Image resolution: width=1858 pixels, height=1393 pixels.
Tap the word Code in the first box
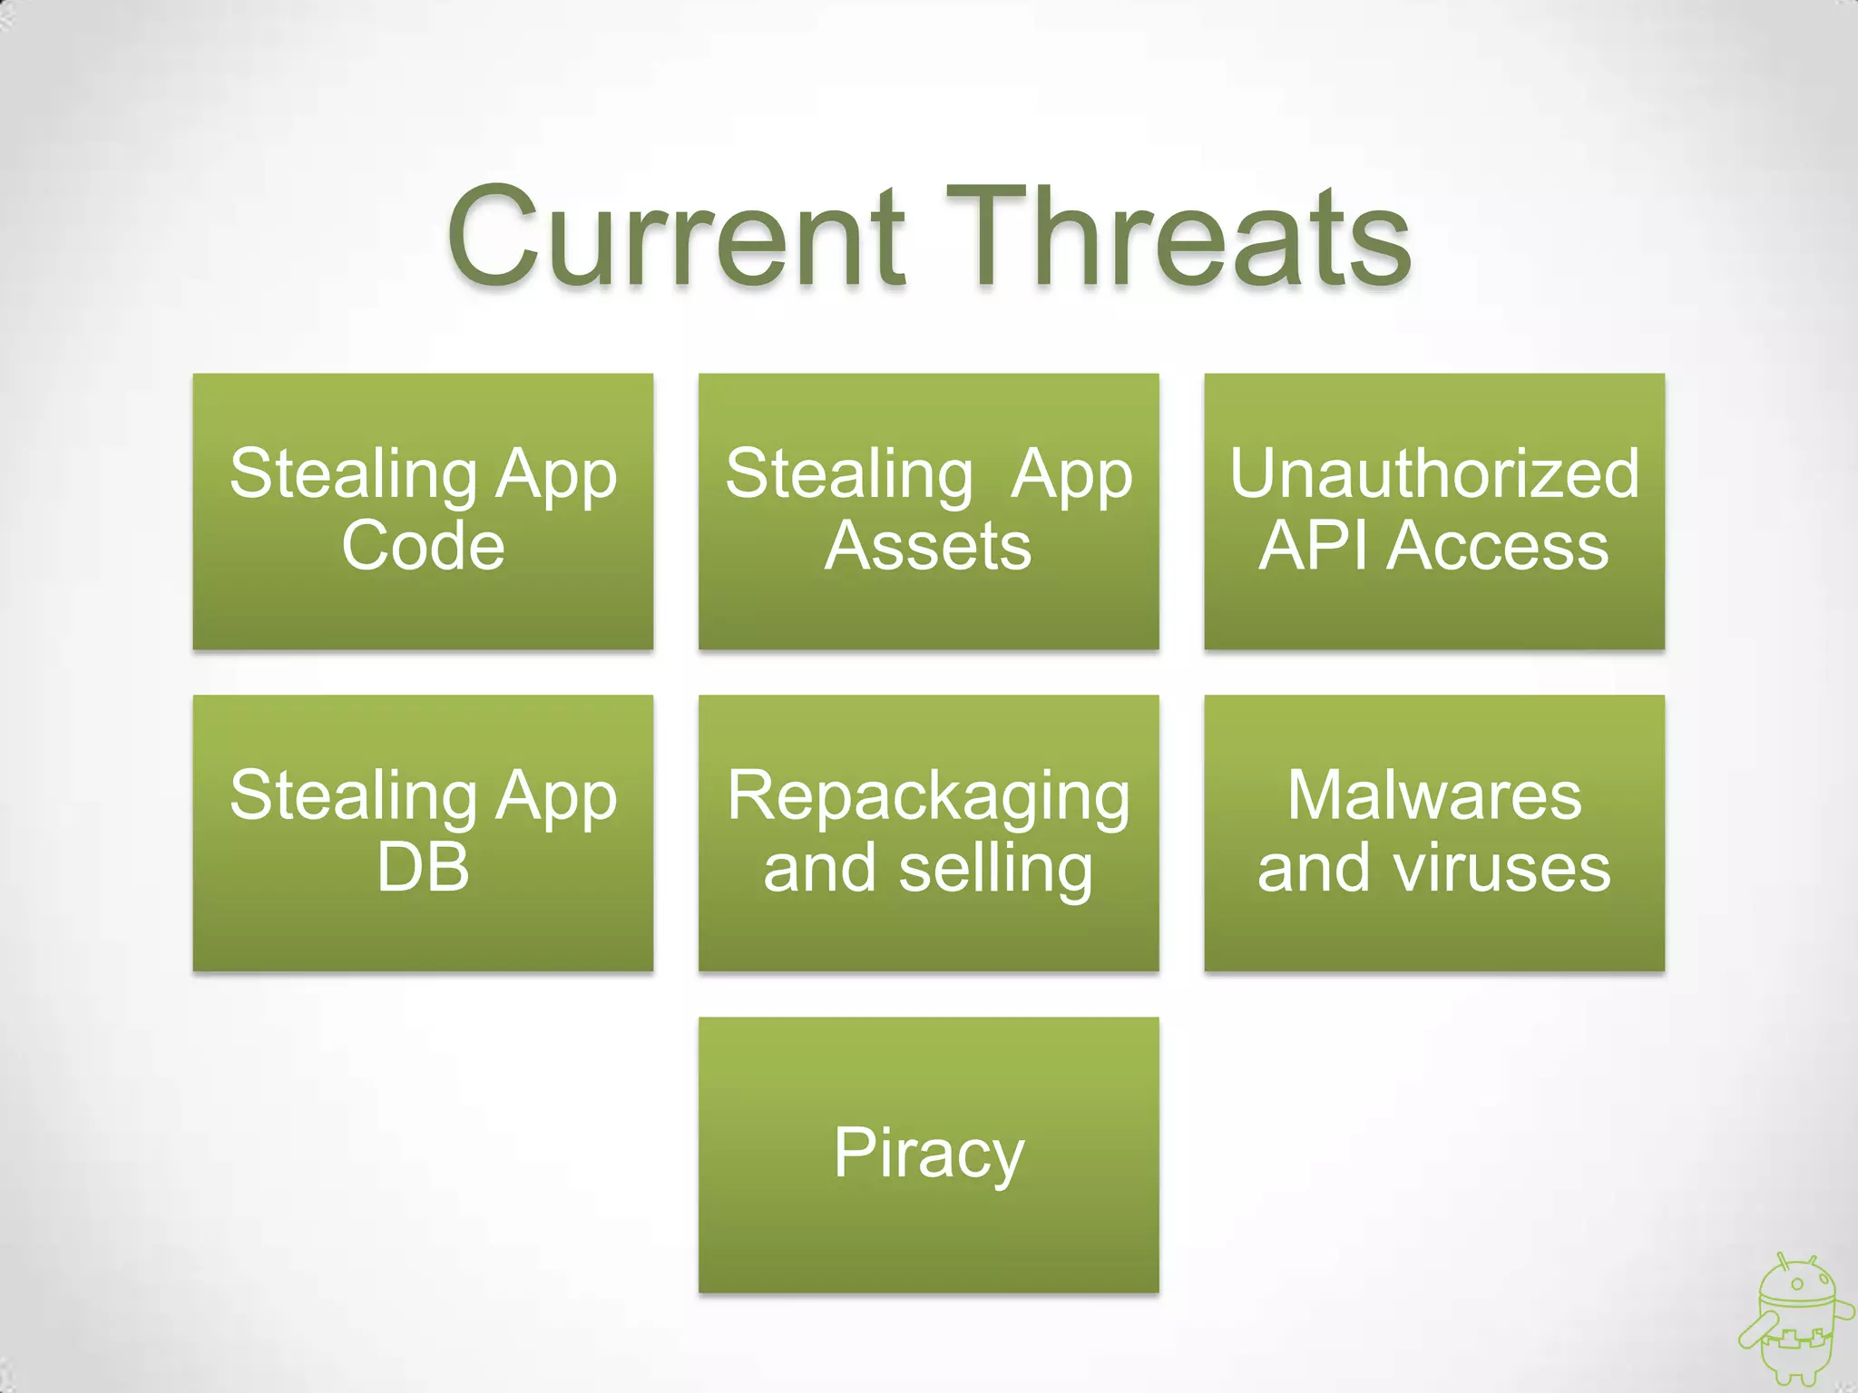pos(423,546)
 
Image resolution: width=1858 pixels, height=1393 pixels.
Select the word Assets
pos(928,546)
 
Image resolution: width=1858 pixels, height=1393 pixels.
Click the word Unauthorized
pos(1434,473)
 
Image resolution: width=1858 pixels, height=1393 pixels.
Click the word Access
pos(1497,546)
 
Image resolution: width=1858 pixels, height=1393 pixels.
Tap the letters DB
pos(423,868)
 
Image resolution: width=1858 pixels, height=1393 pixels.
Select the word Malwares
pos(1434,795)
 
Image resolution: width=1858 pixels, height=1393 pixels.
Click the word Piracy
pos(928,1154)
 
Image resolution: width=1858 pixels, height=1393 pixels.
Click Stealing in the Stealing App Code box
pos(353,475)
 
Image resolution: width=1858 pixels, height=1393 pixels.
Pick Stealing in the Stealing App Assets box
pos(849,475)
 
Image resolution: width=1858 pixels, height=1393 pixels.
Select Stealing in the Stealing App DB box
pos(353,797)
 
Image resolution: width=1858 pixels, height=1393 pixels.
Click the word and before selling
pos(821,868)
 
